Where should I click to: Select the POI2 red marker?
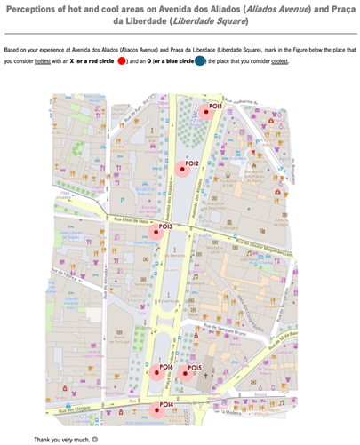pyautogui.click(x=180, y=170)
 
